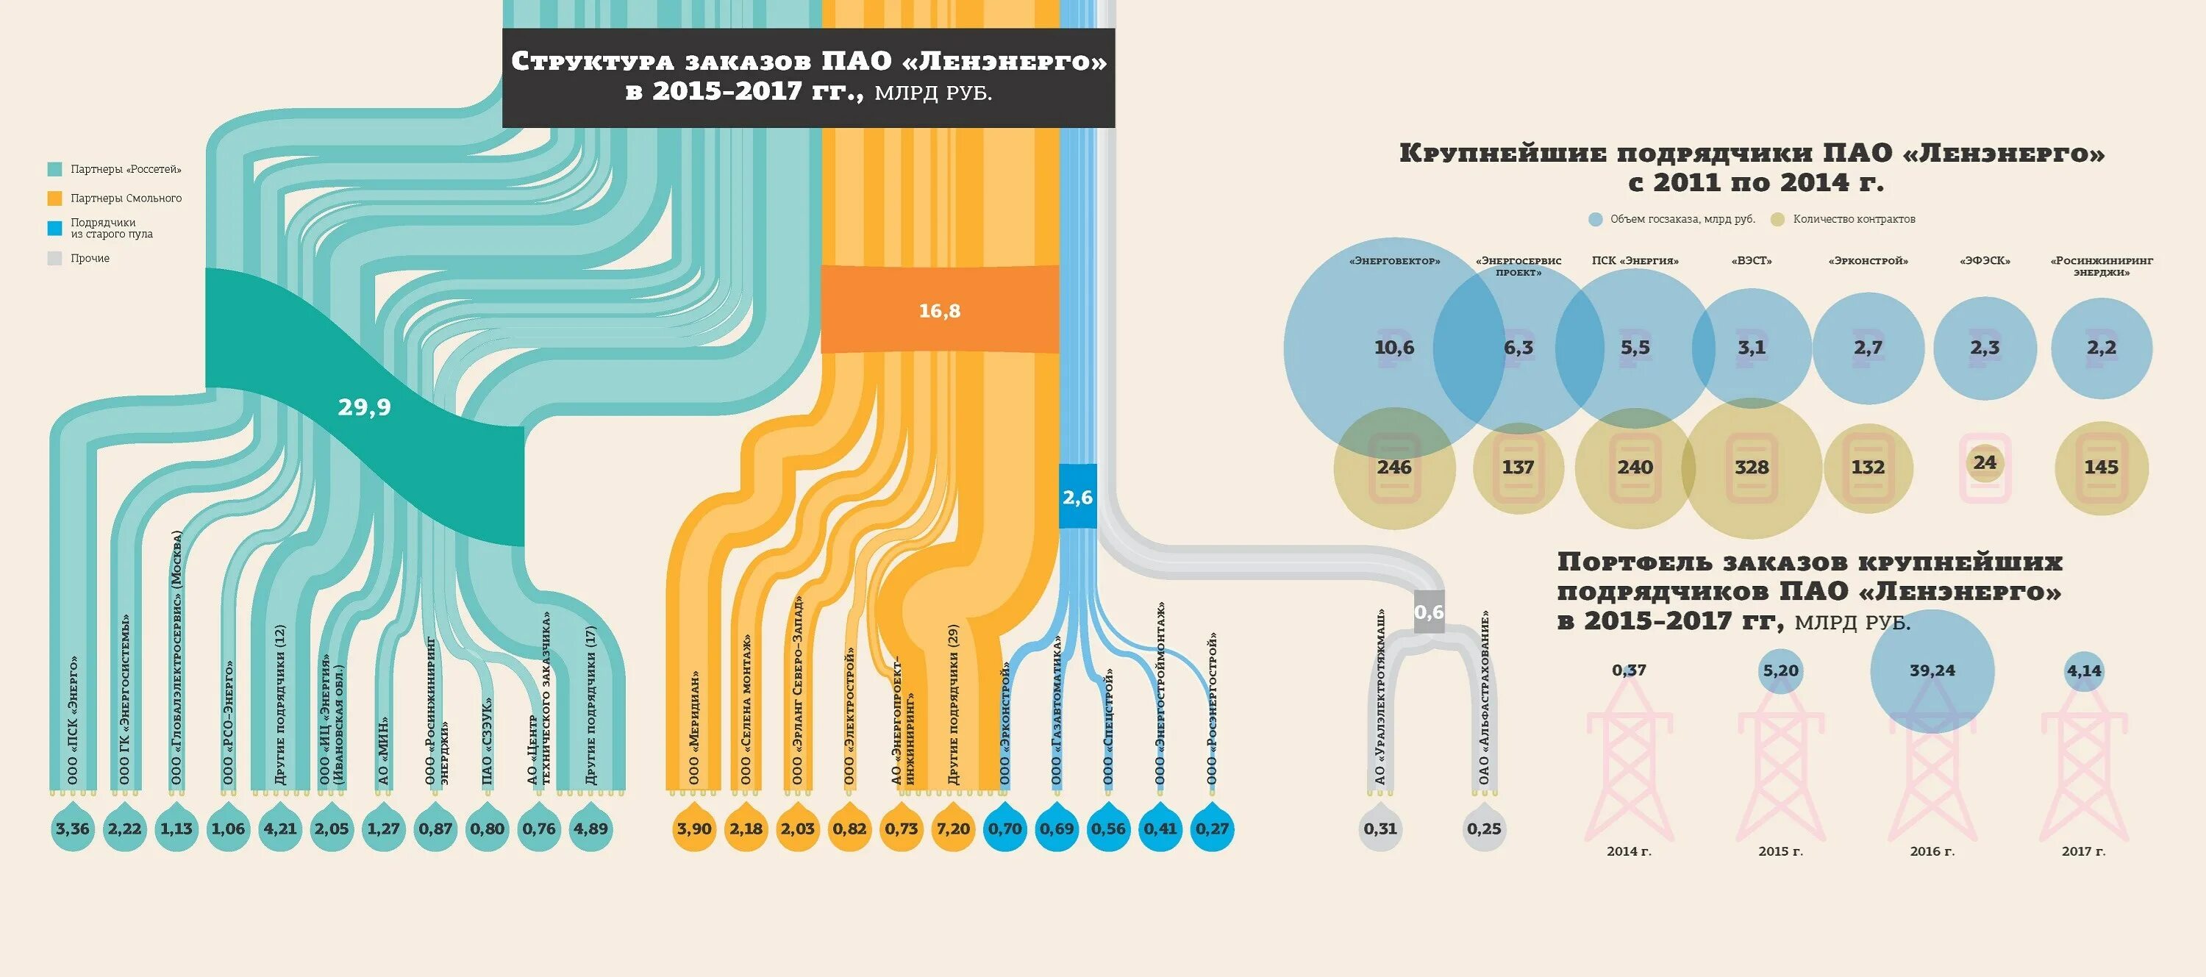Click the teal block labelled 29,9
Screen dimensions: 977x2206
click(x=364, y=407)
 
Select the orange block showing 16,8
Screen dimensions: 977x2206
click(x=940, y=311)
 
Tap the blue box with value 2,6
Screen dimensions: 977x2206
click(x=1077, y=497)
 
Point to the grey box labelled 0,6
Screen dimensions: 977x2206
click(x=1429, y=612)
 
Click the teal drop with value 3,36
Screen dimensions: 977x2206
click(x=73, y=828)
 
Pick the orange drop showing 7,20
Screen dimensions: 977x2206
click(x=953, y=828)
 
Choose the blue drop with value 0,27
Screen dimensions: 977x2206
click(x=1212, y=828)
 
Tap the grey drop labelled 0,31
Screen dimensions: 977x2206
click(x=1380, y=828)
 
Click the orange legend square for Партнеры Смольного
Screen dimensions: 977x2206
click(x=55, y=198)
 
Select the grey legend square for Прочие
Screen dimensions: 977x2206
click(x=55, y=258)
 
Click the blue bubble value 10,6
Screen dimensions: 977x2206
click(x=1394, y=348)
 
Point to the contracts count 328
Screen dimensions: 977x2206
click(x=1752, y=468)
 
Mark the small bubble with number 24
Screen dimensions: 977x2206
click(x=1984, y=462)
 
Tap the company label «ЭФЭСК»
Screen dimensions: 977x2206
click(x=1984, y=261)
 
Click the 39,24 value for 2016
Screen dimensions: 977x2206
click(x=1932, y=670)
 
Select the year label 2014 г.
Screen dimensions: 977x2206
click(x=1629, y=851)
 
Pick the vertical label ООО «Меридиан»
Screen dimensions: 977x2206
click(x=693, y=728)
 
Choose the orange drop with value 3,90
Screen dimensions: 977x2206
click(x=693, y=828)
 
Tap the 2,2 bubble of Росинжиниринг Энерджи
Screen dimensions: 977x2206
click(x=2101, y=348)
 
